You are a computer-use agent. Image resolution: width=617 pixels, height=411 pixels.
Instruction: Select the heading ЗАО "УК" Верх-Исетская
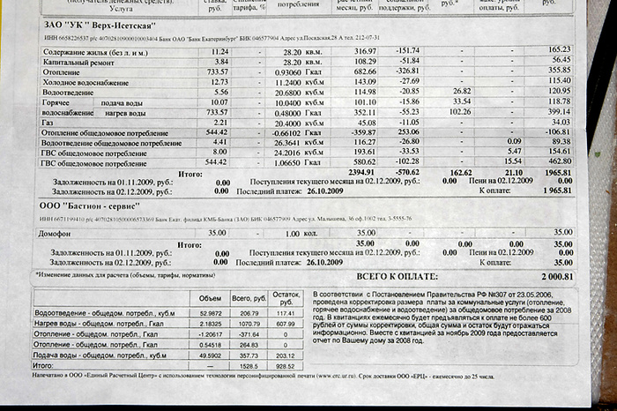[96, 25]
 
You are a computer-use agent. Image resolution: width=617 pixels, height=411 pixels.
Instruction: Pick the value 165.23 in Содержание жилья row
[560, 49]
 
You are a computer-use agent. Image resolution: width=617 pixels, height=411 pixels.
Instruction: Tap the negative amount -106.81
[557, 132]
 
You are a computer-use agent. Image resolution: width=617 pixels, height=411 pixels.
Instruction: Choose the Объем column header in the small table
[209, 297]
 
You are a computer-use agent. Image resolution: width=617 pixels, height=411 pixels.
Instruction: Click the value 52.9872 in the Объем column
[209, 312]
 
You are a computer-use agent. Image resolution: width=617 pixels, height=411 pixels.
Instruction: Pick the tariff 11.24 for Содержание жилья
[219, 51]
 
